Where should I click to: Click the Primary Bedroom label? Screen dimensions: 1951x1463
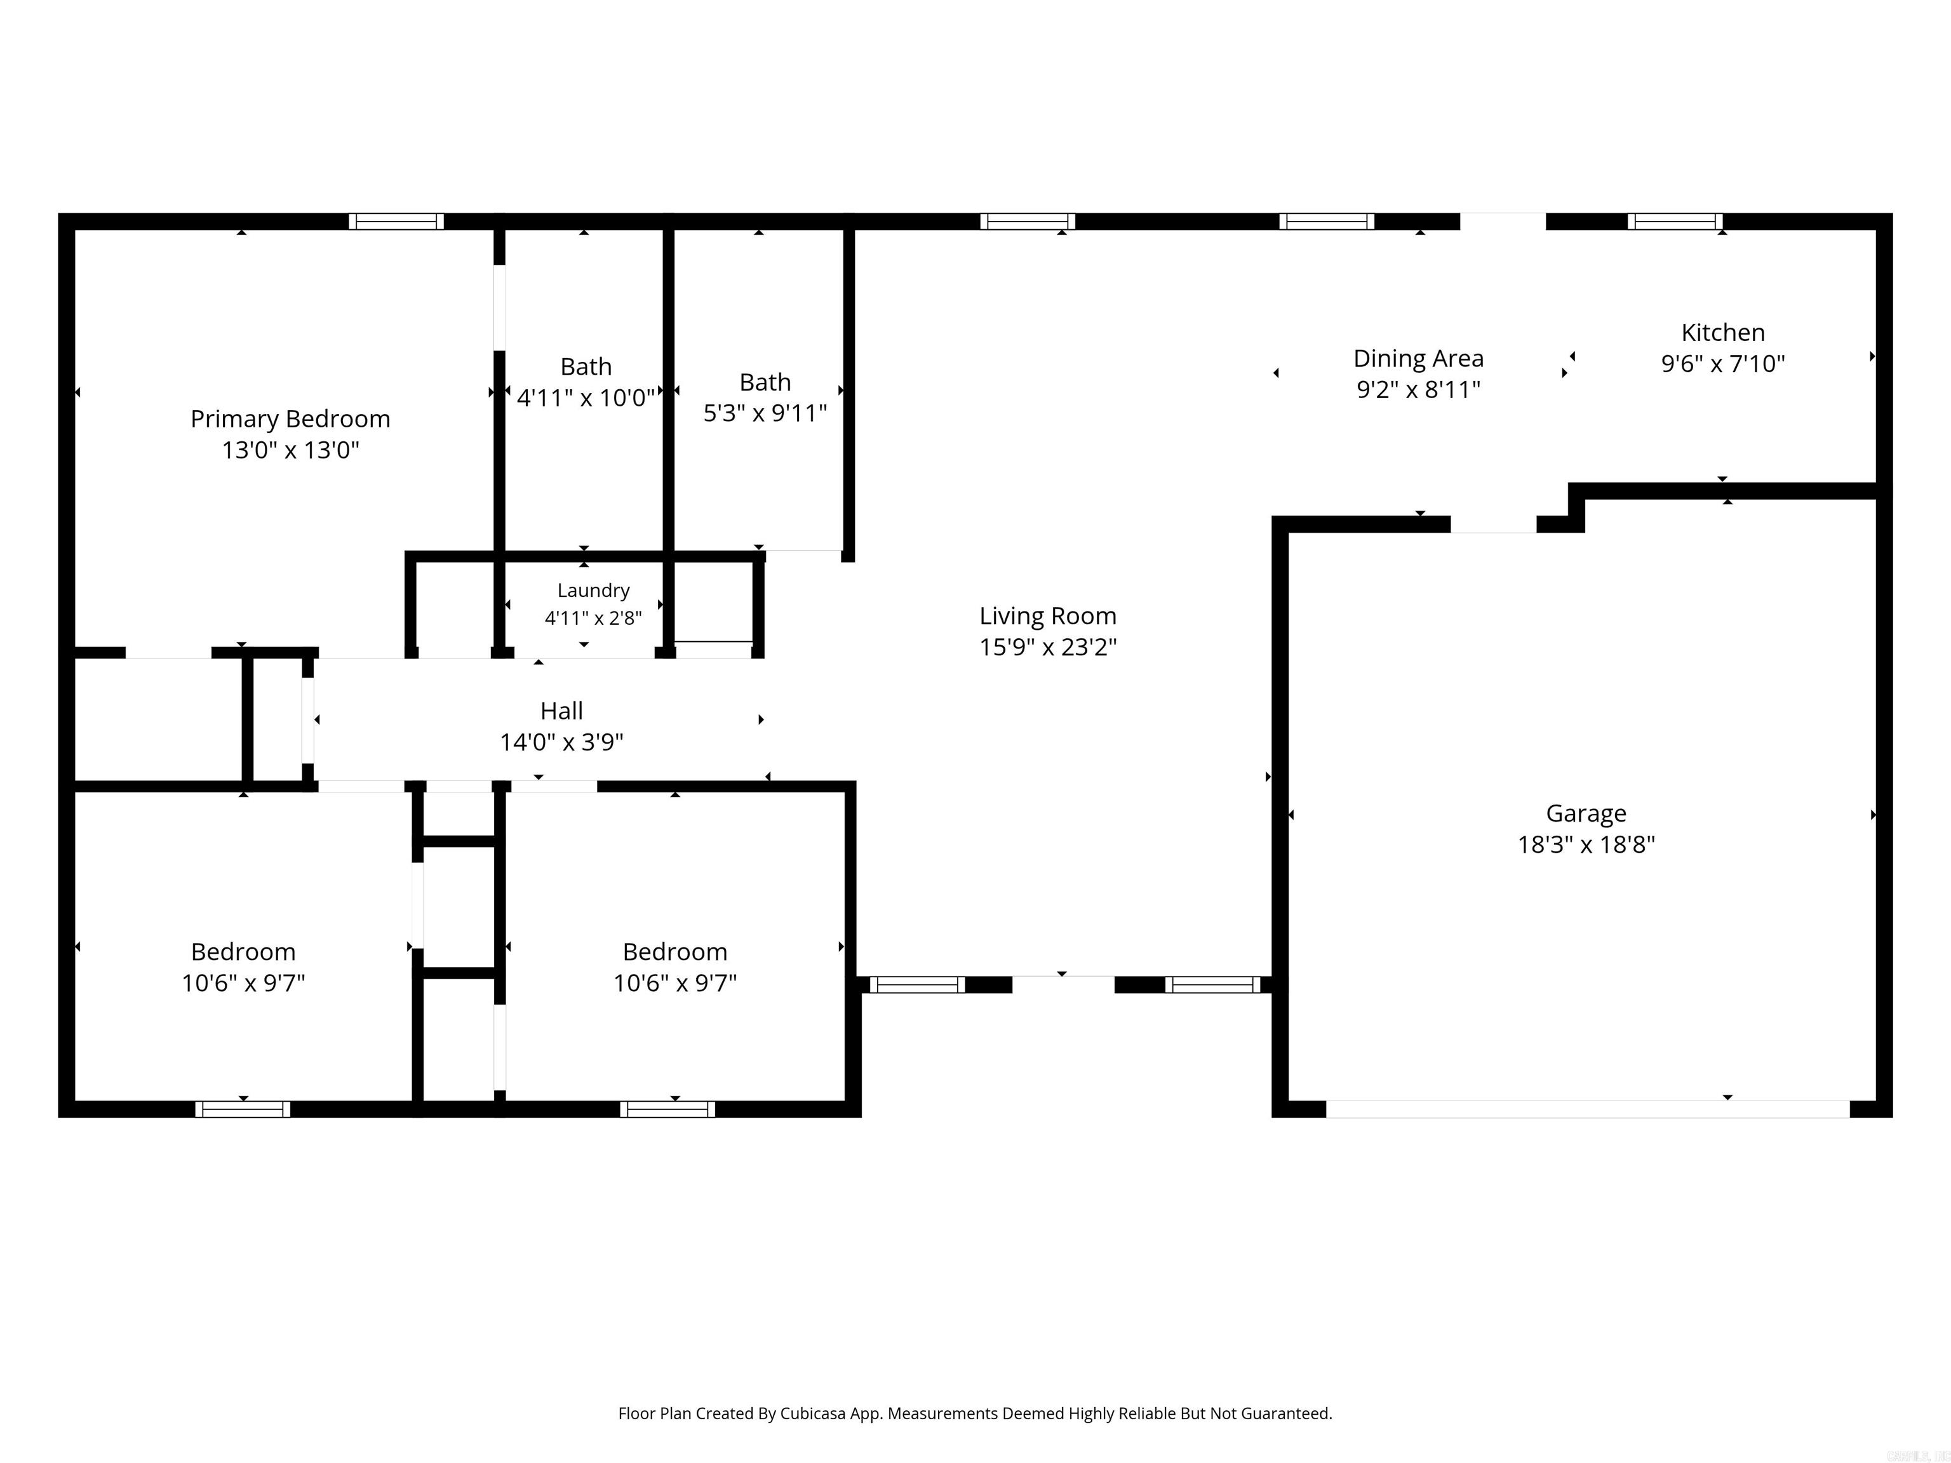[x=290, y=420]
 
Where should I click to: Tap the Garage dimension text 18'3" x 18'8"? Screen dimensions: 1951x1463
[x=1586, y=845]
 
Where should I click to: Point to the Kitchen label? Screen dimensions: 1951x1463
[x=1722, y=333]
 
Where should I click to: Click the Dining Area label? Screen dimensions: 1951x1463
[x=1418, y=359]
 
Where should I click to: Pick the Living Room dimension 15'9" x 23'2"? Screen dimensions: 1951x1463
[x=1048, y=647]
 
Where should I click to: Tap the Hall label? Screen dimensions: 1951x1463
[x=562, y=711]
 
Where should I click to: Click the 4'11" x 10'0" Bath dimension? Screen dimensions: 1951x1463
[x=586, y=397]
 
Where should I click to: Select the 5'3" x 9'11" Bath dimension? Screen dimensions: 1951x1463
[x=765, y=413]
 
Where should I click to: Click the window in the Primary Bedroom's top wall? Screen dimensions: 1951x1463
[x=396, y=222]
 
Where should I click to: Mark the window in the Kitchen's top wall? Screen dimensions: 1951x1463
[x=1675, y=222]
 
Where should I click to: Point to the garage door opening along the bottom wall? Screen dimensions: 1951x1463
[x=1588, y=1109]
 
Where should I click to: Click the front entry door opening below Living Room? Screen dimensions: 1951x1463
[x=1063, y=984]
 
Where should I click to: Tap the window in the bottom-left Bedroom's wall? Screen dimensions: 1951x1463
[x=243, y=1109]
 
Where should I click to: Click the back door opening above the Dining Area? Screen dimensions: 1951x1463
[x=1503, y=222]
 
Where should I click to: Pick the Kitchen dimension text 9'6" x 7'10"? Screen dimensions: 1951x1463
[x=1722, y=363]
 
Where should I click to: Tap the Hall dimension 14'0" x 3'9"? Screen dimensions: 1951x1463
[x=562, y=742]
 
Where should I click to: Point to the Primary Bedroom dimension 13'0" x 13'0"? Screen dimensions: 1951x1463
[x=290, y=451]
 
